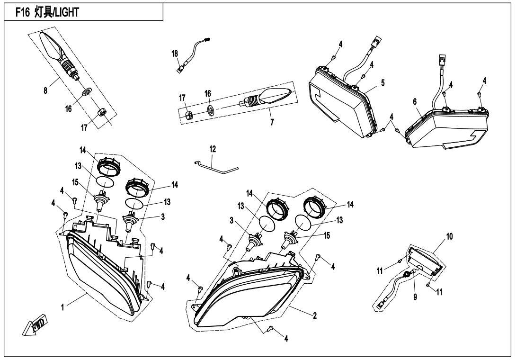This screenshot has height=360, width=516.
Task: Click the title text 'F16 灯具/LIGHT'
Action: [x=47, y=12]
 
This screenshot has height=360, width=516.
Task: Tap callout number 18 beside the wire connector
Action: [x=174, y=54]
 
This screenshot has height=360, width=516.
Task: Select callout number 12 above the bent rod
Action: [x=213, y=149]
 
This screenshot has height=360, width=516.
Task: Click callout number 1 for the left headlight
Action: [x=62, y=307]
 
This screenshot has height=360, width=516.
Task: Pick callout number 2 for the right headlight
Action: [x=315, y=315]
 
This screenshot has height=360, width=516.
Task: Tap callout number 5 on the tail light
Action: [x=383, y=83]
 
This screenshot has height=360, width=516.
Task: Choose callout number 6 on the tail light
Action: [x=415, y=102]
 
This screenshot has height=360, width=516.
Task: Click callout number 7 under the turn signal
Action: [x=272, y=122]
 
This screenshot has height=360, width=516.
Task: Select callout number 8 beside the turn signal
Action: [x=45, y=90]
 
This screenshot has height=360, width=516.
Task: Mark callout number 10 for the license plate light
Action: [x=449, y=236]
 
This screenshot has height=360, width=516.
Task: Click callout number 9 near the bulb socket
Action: [x=415, y=297]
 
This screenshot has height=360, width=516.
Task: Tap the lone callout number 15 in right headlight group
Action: [x=327, y=236]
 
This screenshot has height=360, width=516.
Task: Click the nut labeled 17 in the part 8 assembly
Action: [x=102, y=113]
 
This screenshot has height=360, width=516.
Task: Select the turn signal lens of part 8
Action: [x=51, y=45]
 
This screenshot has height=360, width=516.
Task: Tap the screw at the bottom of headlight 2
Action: [x=270, y=328]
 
